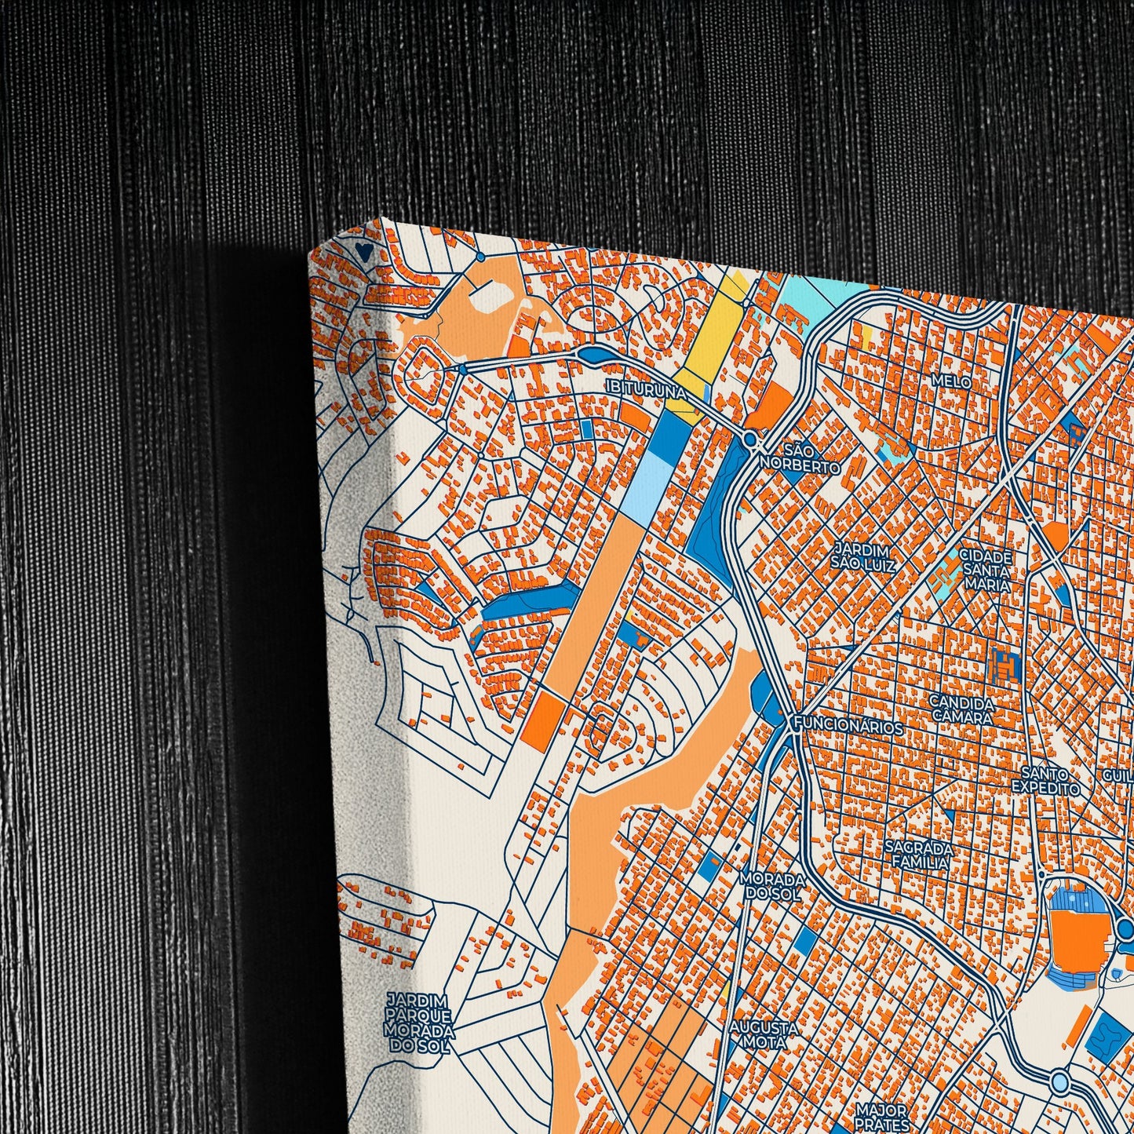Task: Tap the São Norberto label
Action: (x=800, y=458)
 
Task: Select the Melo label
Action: (x=951, y=381)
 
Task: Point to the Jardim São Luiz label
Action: (x=863, y=556)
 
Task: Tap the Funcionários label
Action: (x=848, y=727)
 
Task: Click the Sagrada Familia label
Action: (x=918, y=855)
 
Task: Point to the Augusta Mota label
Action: (x=764, y=1034)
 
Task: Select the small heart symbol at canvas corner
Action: (x=363, y=251)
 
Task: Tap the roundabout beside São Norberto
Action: (x=750, y=439)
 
